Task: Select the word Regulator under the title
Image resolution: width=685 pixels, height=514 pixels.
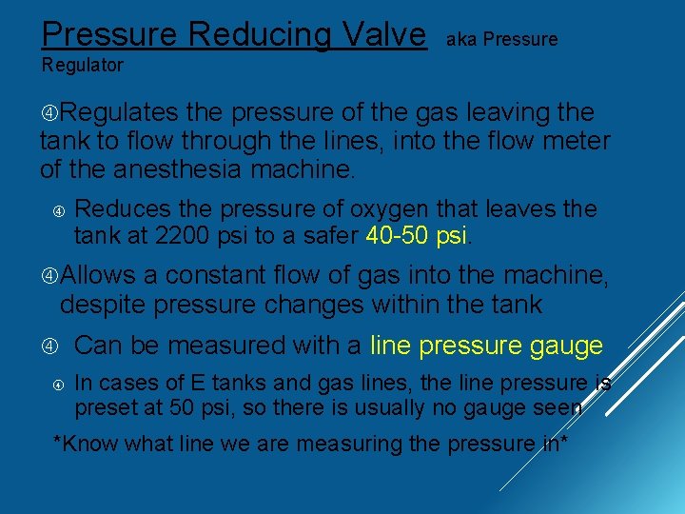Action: (x=82, y=66)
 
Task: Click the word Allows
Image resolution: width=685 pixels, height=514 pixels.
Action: (x=99, y=276)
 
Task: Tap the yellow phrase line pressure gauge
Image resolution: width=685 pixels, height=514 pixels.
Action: (x=486, y=346)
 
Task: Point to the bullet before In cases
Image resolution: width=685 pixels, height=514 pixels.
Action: (x=57, y=385)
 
